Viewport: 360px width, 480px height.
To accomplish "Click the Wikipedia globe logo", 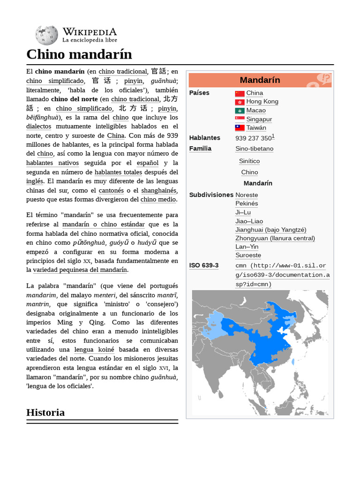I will click(46, 35).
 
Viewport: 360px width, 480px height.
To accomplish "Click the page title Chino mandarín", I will click(79, 54).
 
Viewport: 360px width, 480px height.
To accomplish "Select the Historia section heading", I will click(45, 412).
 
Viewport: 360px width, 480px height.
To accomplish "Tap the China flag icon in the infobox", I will click(240, 93).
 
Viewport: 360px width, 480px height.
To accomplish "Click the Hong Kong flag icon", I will click(240, 102).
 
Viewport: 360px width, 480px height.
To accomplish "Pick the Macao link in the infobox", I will click(256, 110).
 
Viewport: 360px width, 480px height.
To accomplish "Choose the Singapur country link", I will click(259, 119).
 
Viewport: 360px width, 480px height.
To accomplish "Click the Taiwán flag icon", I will click(240, 128).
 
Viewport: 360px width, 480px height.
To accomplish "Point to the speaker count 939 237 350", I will click(254, 138).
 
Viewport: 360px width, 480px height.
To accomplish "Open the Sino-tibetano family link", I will click(254, 149).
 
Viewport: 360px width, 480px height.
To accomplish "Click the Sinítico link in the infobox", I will click(249, 161).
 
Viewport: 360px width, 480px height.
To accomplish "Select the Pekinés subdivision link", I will click(247, 203).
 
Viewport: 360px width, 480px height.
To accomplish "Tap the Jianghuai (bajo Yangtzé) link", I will click(270, 230).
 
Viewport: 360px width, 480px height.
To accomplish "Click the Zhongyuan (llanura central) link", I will click(275, 238).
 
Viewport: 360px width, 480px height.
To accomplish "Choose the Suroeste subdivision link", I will click(248, 255).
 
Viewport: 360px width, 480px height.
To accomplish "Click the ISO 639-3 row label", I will click(204, 265).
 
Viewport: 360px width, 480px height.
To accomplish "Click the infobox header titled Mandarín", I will click(260, 80).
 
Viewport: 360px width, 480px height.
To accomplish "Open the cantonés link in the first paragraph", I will click(111, 190).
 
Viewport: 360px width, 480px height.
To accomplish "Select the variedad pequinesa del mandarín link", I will click(80, 270).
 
